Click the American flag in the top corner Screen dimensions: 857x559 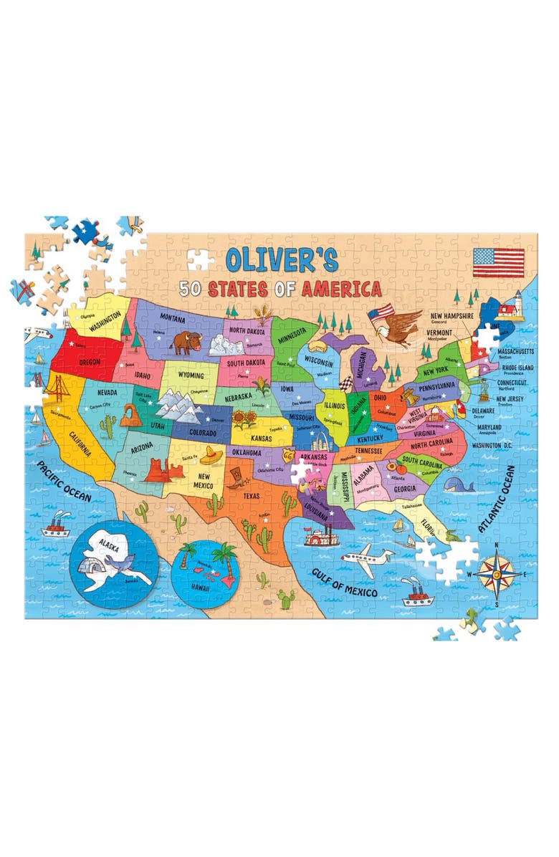[498, 262]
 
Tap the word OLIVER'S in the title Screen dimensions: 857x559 [282, 259]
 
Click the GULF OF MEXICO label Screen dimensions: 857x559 [344, 581]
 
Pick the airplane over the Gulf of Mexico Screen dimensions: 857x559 [367, 559]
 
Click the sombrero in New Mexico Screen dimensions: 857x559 [212, 454]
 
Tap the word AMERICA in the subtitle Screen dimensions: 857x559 [341, 289]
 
